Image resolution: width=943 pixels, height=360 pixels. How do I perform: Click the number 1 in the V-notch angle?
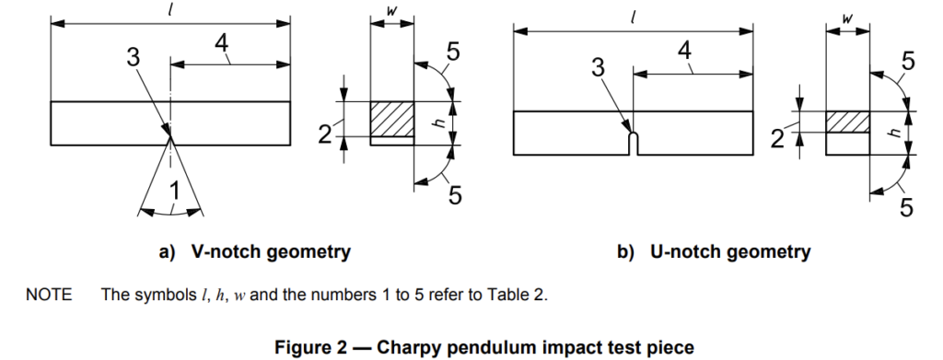click(x=174, y=192)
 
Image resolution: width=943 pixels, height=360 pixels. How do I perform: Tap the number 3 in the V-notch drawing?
click(x=133, y=58)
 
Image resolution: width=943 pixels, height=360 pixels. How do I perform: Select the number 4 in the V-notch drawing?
click(x=221, y=44)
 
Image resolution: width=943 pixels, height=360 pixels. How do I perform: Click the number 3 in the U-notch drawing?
click(x=597, y=68)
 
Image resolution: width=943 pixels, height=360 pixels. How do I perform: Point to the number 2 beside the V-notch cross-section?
click(x=325, y=134)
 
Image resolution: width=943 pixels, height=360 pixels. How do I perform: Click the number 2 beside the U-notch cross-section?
click(x=777, y=139)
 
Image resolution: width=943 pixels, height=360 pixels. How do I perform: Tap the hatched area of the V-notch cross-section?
click(x=391, y=119)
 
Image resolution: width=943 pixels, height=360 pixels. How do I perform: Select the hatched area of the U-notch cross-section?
click(x=847, y=122)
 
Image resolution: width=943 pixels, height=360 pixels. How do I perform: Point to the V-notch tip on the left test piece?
click(x=170, y=137)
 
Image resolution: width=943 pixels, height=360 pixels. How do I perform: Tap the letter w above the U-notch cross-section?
click(x=847, y=18)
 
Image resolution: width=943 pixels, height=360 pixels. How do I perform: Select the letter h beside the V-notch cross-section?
click(x=440, y=122)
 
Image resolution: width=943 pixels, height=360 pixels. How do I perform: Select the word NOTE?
click(x=48, y=295)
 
